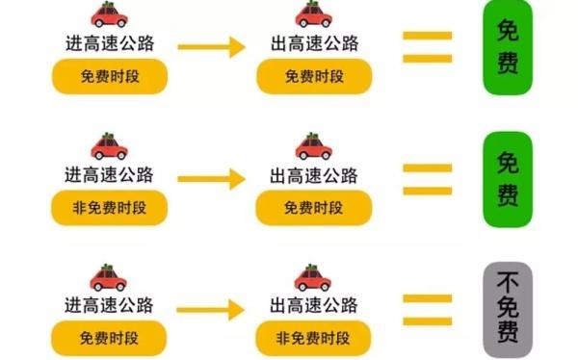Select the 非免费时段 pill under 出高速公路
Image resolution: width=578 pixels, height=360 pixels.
pos(312,338)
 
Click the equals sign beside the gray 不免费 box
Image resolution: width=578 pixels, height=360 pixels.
pos(427,310)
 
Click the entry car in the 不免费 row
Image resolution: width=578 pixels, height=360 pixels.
pos(109,278)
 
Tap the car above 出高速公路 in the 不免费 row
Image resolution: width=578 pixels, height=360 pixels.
pos(312,278)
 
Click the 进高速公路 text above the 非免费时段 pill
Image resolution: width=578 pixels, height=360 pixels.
pos(109,176)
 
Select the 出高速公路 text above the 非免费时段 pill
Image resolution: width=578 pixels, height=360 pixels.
pos(312,308)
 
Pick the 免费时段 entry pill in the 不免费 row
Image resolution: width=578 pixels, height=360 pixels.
pos(109,338)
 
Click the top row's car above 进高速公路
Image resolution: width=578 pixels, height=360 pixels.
pos(109,14)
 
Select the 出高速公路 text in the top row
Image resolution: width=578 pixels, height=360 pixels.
pos(312,44)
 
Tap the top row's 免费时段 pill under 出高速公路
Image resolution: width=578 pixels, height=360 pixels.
pos(312,76)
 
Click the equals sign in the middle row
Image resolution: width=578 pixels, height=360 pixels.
pos(427,179)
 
